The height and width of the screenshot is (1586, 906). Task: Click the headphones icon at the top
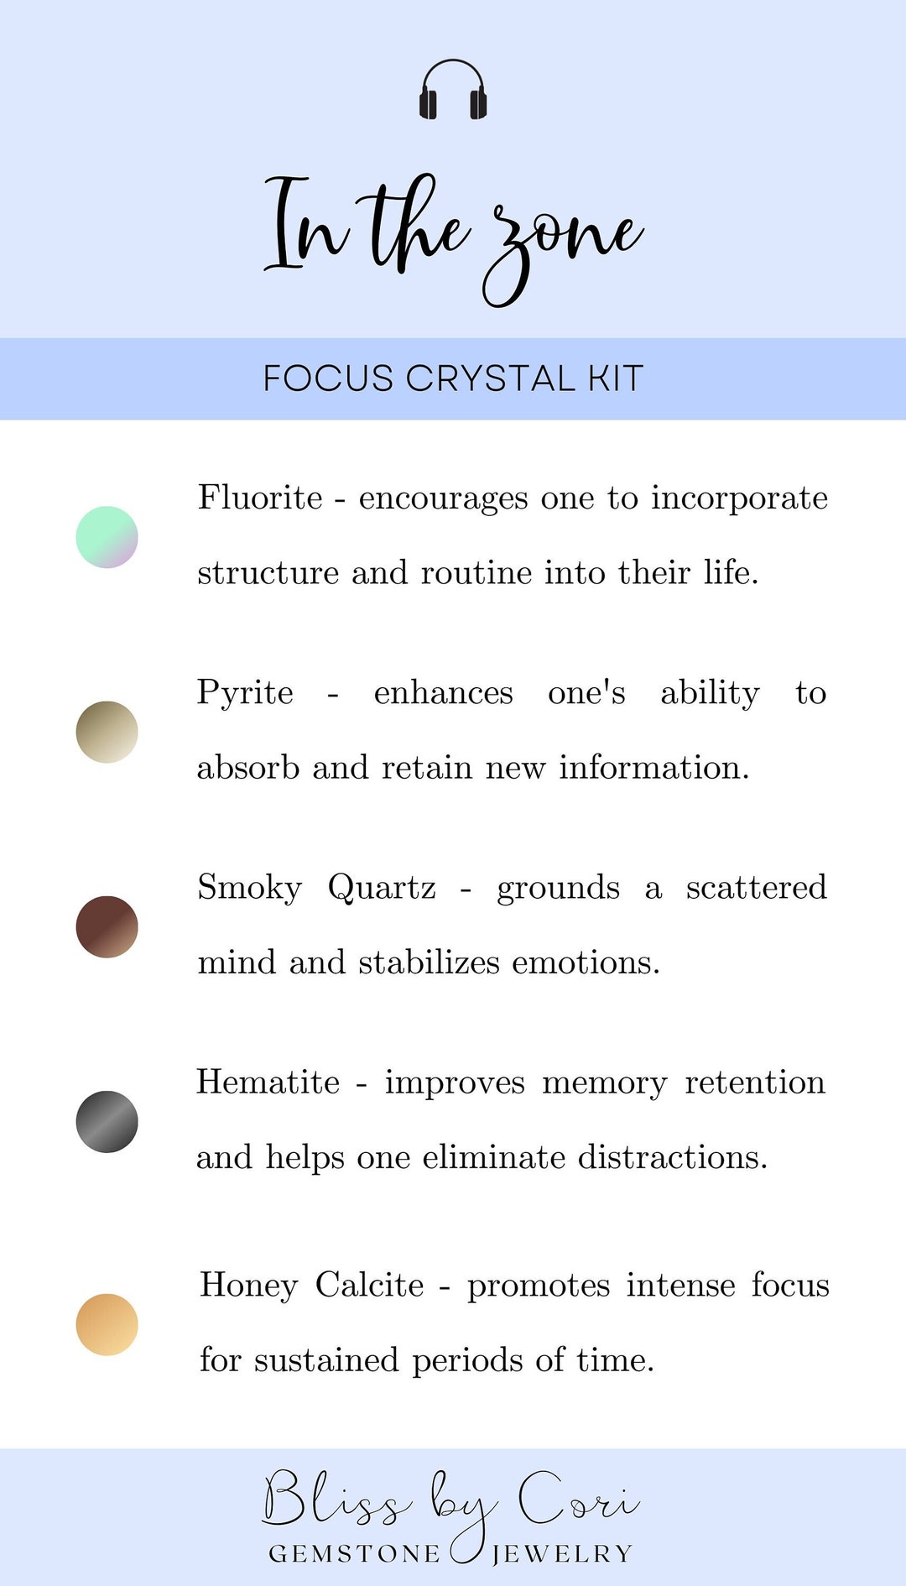click(x=453, y=90)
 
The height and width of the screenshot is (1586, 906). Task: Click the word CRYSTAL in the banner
click(x=491, y=378)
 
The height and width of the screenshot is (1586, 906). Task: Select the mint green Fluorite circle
click(x=107, y=537)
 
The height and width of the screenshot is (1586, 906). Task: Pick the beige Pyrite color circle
click(x=107, y=732)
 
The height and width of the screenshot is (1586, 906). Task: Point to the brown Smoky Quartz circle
click(x=107, y=926)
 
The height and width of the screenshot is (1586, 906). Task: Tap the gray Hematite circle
click(x=107, y=1122)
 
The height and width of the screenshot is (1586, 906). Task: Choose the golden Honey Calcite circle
click(x=107, y=1324)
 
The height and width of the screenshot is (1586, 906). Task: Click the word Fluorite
click(x=260, y=498)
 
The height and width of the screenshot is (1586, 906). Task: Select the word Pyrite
click(x=245, y=693)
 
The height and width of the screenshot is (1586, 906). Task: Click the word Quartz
click(x=382, y=888)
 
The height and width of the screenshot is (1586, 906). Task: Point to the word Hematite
click(x=268, y=1083)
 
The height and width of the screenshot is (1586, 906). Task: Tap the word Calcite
click(x=370, y=1285)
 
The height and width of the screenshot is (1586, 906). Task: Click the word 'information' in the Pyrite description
click(x=653, y=768)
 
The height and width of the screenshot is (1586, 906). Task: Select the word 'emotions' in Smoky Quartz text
click(x=586, y=963)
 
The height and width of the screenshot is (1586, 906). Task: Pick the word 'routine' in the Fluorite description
click(x=476, y=573)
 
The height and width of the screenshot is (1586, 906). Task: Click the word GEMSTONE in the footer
click(x=354, y=1554)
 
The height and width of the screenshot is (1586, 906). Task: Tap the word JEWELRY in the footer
click(x=562, y=1554)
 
